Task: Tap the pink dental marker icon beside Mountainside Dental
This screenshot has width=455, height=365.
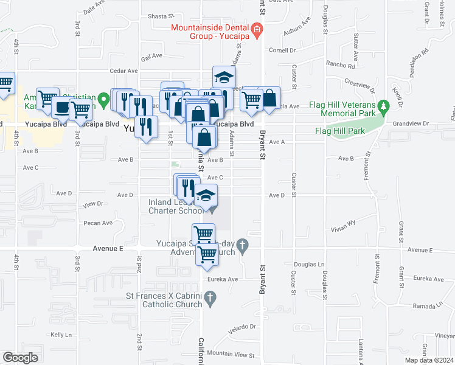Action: tap(257, 29)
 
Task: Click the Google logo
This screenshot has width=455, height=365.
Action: tap(20, 358)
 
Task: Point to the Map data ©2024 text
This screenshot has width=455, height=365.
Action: tap(429, 360)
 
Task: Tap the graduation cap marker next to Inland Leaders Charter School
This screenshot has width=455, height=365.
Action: tap(206, 195)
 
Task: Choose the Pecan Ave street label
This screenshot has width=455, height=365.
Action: tap(99, 223)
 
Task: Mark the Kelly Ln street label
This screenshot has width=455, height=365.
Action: tap(61, 335)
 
